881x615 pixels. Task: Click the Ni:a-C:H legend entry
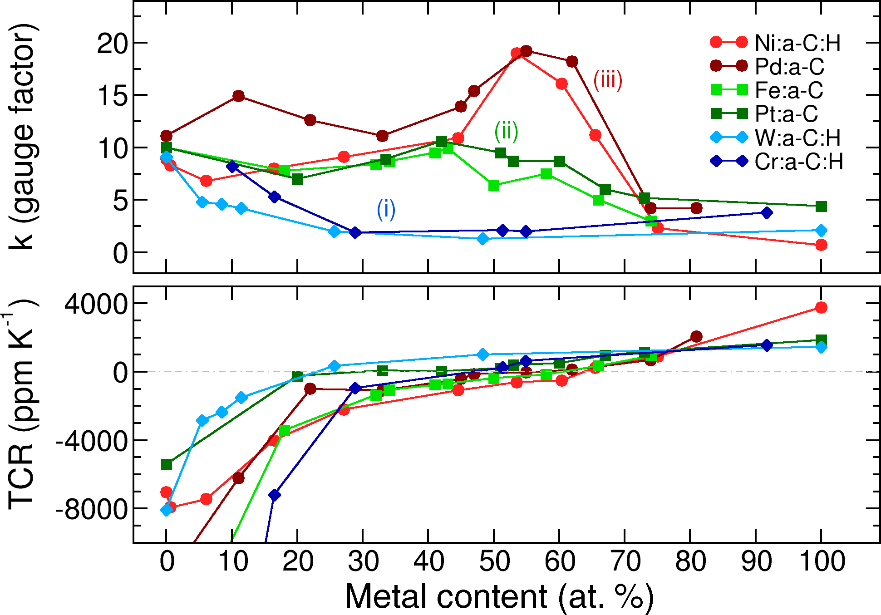click(797, 43)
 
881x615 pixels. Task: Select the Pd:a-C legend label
click(789, 67)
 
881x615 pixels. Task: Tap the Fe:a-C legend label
click(789, 90)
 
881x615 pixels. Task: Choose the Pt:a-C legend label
click(786, 114)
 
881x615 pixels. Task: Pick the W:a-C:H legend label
click(797, 138)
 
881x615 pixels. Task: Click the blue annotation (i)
click(386, 210)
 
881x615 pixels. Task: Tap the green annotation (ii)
click(506, 132)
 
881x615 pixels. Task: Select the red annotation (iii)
click(608, 80)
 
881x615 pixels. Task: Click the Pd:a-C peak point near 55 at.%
click(526, 51)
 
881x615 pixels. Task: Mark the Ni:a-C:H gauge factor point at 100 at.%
click(821, 245)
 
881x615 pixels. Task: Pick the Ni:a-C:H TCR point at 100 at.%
click(821, 308)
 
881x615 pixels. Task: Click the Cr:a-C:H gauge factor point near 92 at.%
click(767, 213)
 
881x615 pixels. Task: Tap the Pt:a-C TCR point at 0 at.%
click(167, 465)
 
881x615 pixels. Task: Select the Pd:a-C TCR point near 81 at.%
click(696, 336)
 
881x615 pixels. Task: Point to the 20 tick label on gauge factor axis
click(112, 44)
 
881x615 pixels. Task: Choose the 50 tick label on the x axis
click(494, 561)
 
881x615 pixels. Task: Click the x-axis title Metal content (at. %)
click(499, 596)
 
